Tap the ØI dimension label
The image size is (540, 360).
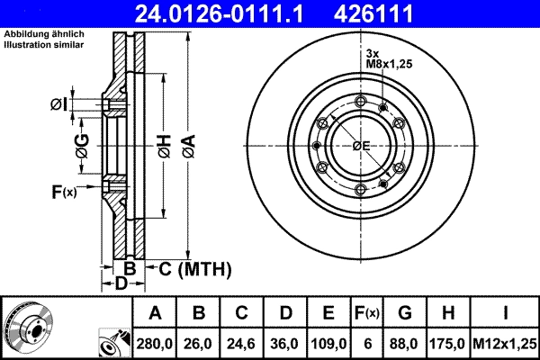click(58, 104)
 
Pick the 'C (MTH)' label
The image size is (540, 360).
click(194, 268)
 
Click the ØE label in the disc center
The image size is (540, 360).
click(361, 146)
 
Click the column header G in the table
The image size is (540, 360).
click(405, 313)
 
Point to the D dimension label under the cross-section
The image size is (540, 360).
click(121, 284)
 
